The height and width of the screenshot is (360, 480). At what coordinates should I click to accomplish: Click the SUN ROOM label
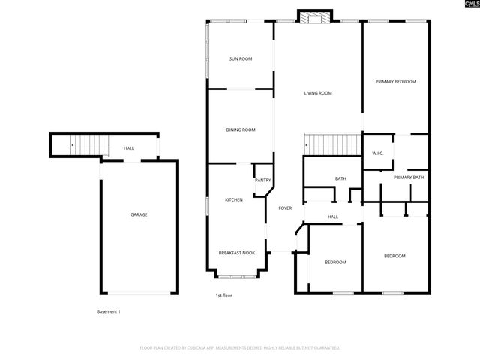click(240, 58)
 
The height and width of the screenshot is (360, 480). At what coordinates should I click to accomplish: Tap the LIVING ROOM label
click(317, 94)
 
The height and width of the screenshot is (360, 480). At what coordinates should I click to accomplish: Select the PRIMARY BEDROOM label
click(395, 81)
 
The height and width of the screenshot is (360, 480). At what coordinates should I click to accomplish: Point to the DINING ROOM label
click(240, 130)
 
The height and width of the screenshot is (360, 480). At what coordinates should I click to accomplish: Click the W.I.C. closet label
click(377, 154)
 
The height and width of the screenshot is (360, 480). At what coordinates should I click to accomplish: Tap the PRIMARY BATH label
click(409, 178)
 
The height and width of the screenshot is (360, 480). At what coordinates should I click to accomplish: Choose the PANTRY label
click(262, 180)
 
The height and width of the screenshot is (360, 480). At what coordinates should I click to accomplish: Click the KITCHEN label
click(234, 200)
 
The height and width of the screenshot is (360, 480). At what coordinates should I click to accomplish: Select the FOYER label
click(285, 208)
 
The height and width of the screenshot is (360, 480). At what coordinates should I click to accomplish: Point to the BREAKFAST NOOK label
click(236, 253)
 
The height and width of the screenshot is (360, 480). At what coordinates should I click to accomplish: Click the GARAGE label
click(139, 214)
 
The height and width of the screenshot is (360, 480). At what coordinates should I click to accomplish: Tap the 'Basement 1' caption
click(108, 311)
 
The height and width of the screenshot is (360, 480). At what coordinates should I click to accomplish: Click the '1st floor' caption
click(223, 295)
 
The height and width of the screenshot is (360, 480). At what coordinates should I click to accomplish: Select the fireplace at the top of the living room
click(313, 16)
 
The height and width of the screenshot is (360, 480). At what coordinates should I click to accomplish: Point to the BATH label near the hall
click(340, 178)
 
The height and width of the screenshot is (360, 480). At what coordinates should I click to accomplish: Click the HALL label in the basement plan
click(129, 148)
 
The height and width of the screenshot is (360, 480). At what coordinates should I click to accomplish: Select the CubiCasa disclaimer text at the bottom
click(240, 348)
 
